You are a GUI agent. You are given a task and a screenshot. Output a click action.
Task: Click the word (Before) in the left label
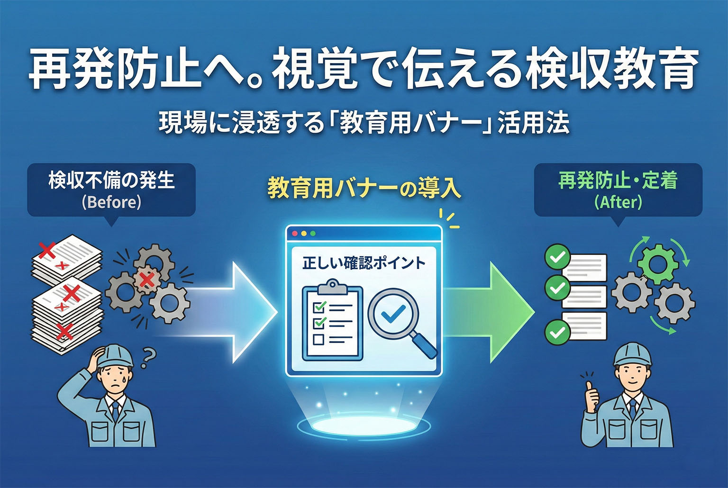tap(111, 202)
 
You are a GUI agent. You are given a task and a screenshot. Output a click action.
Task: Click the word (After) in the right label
tap(618, 202)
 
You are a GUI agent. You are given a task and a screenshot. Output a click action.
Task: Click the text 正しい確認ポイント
tap(364, 263)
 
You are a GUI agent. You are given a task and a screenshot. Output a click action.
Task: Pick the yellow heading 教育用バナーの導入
tap(364, 189)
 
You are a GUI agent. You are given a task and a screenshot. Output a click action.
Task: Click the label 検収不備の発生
tap(111, 181)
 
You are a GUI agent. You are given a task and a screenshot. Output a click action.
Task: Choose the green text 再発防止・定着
tap(618, 181)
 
